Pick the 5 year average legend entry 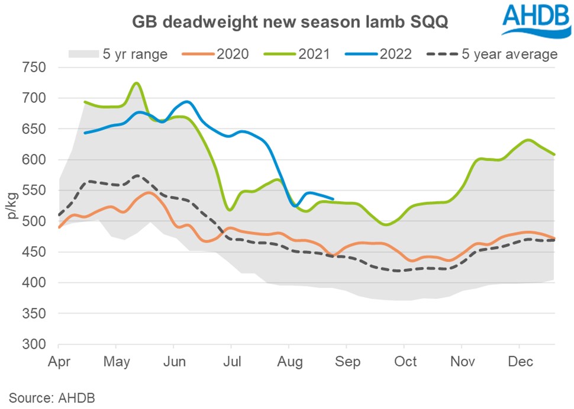[492, 54]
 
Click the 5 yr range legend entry [118, 54]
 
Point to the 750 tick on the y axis [34, 67]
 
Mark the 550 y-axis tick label [34, 191]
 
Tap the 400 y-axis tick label [34, 284]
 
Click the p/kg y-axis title [12, 206]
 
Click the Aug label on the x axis [289, 362]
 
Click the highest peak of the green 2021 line [136, 83]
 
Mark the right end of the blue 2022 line [334, 199]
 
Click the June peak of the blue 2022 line [186, 102]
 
